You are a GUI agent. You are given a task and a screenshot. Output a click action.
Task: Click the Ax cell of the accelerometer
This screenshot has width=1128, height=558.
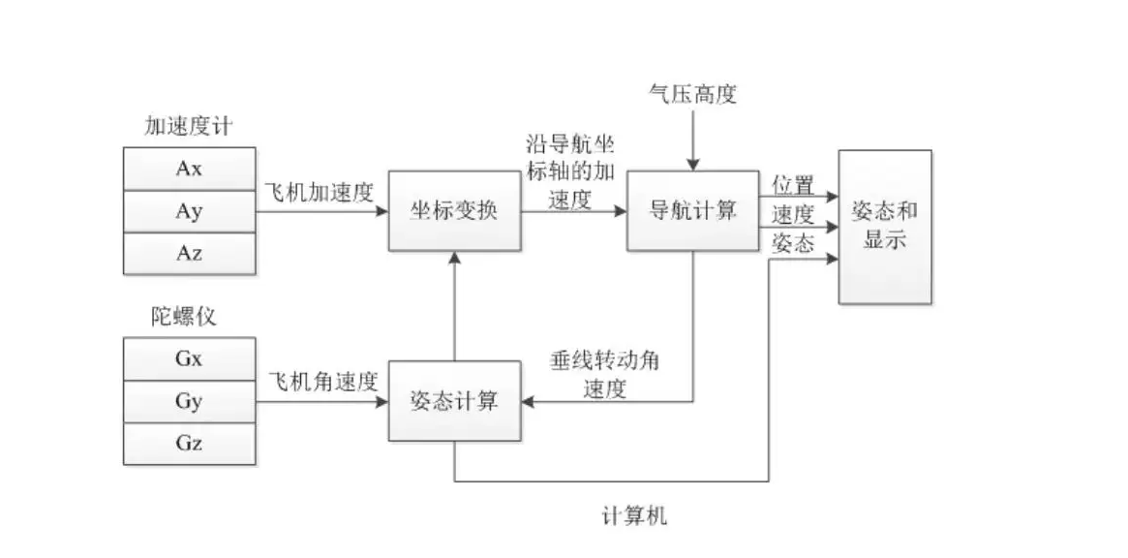tap(190, 169)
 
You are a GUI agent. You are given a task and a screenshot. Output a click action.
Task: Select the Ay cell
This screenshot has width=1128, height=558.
tap(190, 211)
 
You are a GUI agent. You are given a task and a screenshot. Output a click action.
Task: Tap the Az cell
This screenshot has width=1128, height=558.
tap(190, 254)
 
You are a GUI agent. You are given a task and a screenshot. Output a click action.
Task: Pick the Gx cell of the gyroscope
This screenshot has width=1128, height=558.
tap(190, 358)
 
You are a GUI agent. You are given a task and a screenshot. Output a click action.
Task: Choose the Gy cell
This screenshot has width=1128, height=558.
tap(190, 401)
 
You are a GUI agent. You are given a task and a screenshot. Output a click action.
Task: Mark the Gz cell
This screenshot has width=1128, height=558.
tap(190, 443)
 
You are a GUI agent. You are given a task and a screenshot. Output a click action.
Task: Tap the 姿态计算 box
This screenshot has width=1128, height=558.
tap(454, 401)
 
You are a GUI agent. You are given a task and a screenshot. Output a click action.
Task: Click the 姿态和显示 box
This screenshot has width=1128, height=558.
tap(885, 226)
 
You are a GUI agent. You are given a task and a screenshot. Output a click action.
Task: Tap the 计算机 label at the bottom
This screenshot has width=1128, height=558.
tap(634, 515)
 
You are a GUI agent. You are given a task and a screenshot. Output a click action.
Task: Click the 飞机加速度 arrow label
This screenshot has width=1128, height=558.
tap(319, 192)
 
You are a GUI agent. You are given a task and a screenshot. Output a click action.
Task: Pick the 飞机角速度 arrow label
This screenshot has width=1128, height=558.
tap(319, 381)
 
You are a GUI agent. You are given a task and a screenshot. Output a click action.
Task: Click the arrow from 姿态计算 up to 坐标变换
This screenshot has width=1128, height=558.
tap(454, 306)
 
